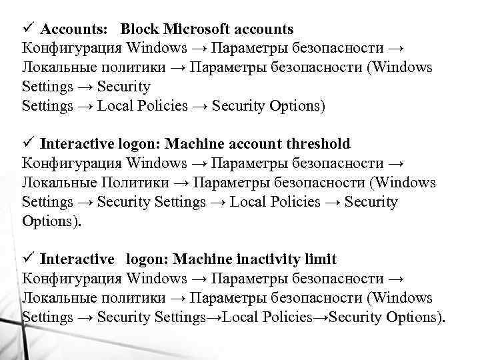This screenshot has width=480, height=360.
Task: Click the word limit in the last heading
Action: click(321, 259)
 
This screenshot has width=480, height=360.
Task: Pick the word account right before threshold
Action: click(258, 144)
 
